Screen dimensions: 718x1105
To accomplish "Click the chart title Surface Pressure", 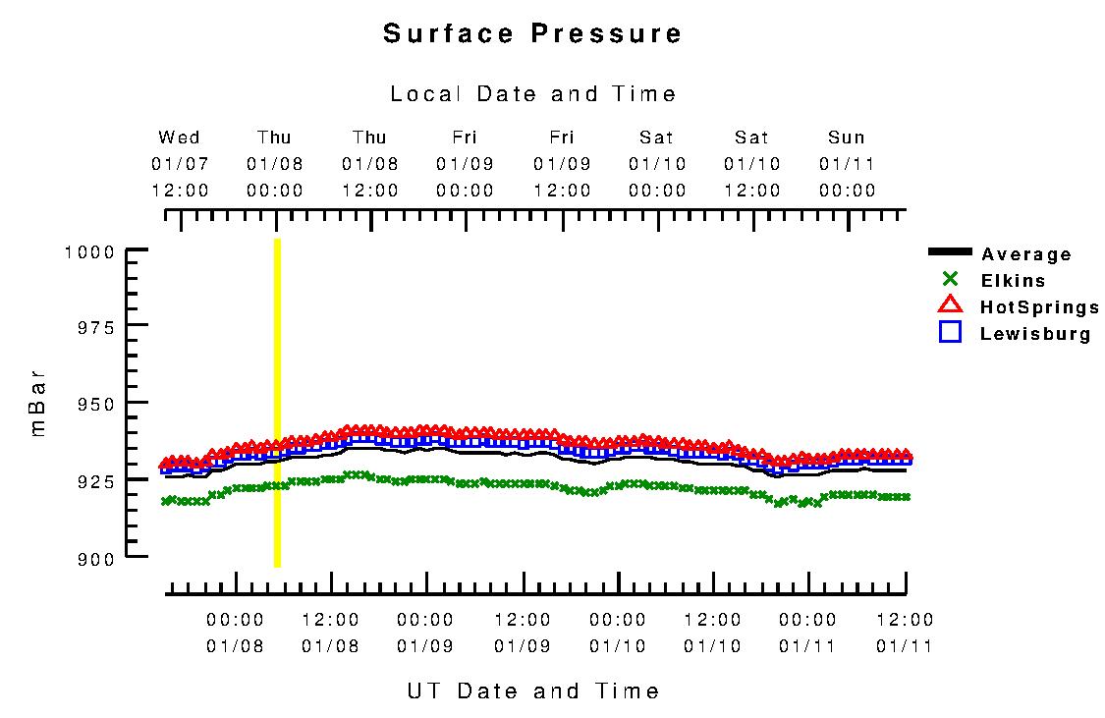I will point(532,33).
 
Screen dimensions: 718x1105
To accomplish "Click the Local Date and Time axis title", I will point(533,94).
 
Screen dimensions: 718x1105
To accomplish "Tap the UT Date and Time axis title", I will point(533,691).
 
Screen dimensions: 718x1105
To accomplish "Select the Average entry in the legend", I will point(1025,255).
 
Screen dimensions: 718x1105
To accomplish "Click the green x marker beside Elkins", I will point(950,279).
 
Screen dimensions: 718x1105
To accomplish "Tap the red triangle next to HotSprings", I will point(950,305).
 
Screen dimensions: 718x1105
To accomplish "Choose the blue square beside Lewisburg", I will point(950,332).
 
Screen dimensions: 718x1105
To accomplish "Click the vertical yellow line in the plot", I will point(277,403).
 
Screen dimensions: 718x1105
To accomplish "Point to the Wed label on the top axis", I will point(179,138).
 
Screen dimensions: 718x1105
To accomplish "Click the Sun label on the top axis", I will point(846,138).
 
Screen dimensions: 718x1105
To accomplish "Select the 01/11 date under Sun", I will point(846,163).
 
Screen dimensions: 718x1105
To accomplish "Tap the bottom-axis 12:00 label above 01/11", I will point(905,621).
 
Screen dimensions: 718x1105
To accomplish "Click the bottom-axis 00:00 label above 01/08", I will point(235,621).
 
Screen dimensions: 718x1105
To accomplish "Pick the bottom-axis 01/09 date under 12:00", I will point(522,646).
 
